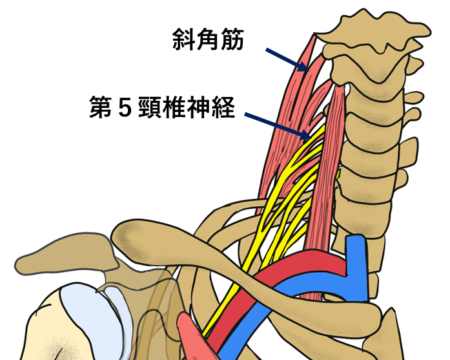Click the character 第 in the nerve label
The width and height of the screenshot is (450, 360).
[100, 107]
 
